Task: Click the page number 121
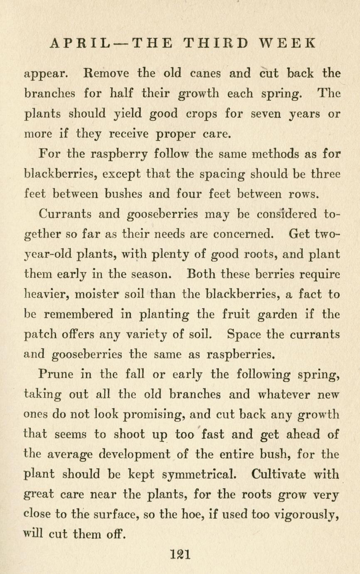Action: (x=180, y=554)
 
